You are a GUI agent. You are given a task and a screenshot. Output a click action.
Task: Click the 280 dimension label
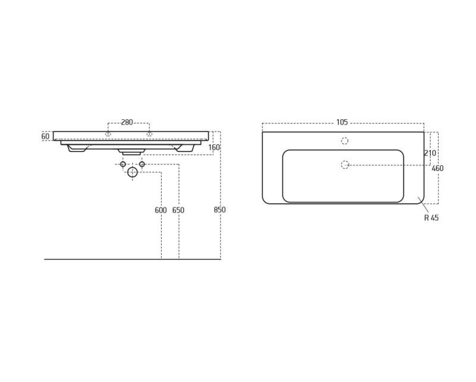point(127,122)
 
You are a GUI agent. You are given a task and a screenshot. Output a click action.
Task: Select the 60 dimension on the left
point(45,136)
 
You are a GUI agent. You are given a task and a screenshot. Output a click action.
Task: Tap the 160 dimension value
point(214,148)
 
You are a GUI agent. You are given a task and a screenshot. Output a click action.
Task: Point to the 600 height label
point(161,210)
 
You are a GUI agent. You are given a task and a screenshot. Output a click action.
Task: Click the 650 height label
point(178,210)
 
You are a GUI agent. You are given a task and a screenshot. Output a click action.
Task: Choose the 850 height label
point(220,210)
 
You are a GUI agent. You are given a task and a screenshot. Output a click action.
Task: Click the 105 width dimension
point(342,122)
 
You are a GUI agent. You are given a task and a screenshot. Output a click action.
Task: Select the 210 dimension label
point(430,153)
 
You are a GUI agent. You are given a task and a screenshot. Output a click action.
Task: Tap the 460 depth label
point(437,168)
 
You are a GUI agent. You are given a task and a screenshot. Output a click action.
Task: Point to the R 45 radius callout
point(431,218)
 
